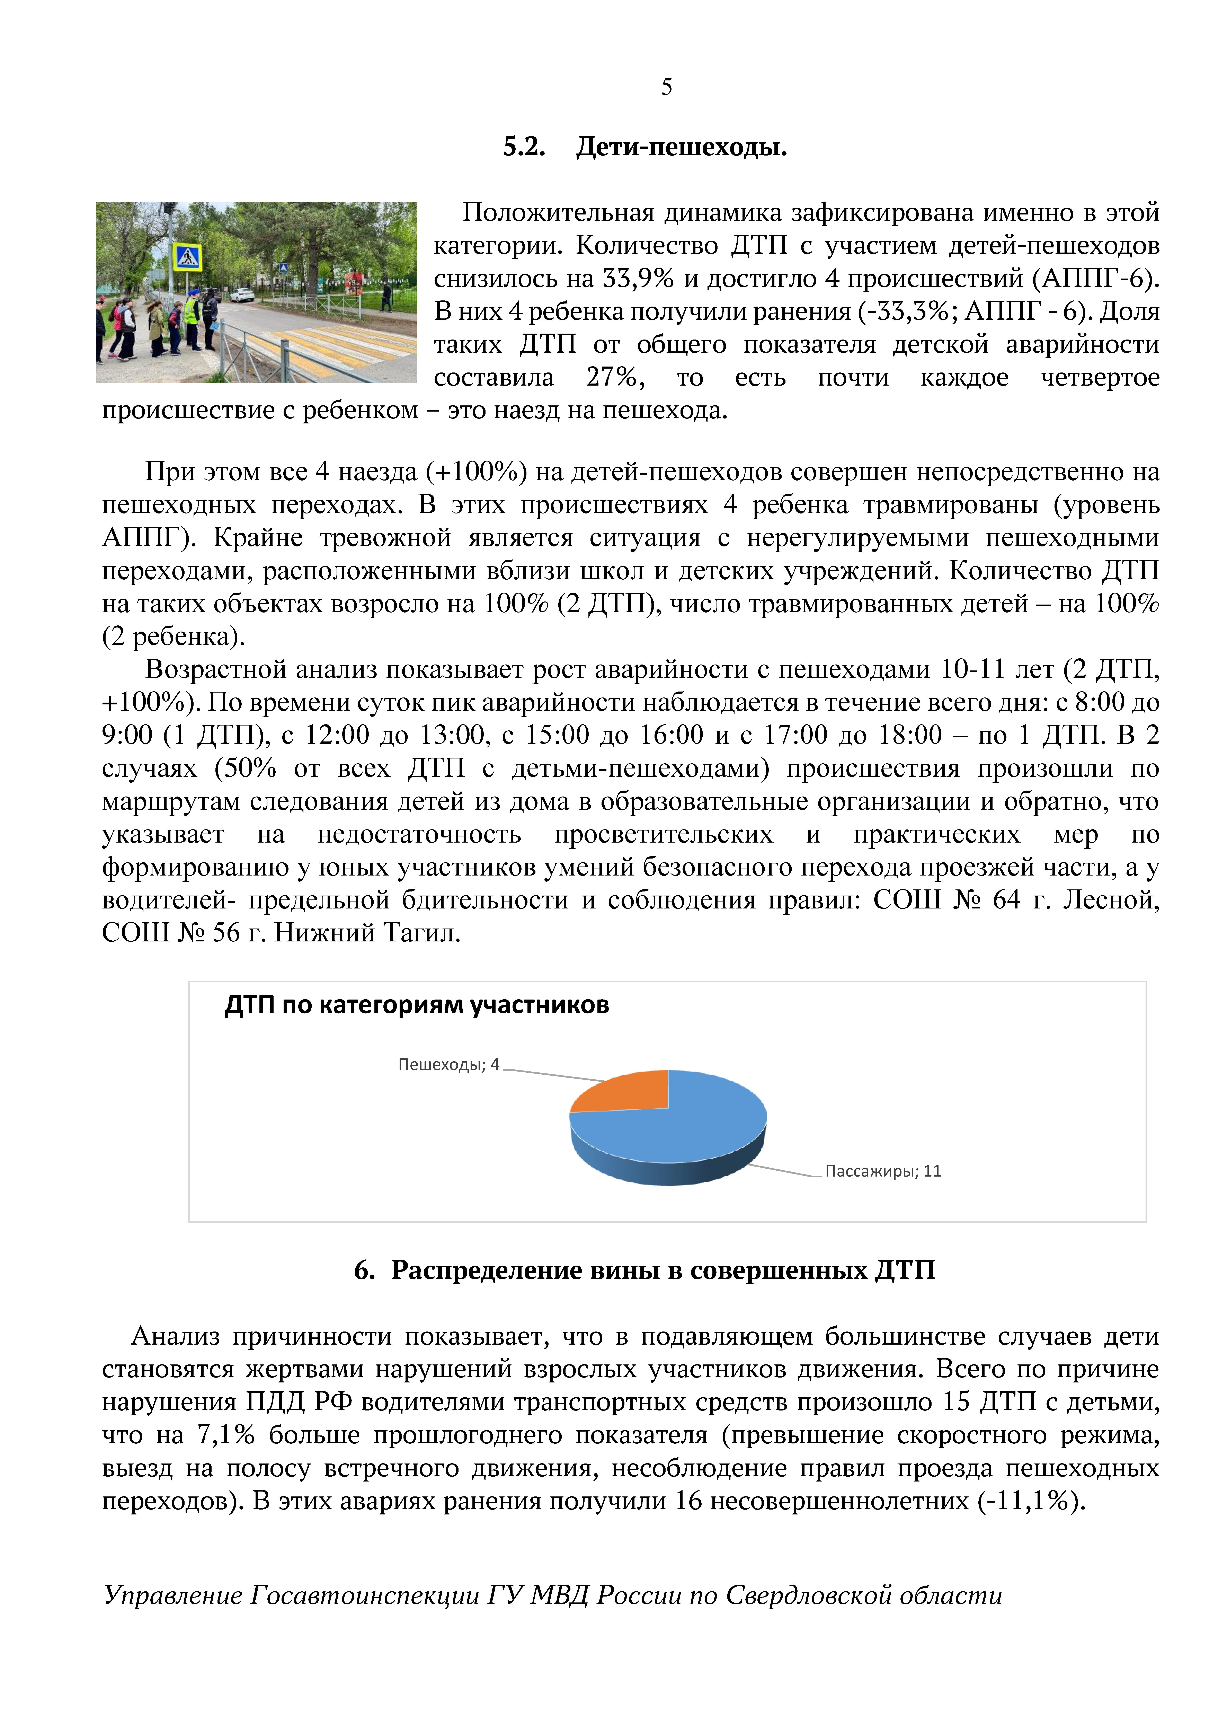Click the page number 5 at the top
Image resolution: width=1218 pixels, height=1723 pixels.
click(666, 88)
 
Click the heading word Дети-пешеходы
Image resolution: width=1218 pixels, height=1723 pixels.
click(681, 147)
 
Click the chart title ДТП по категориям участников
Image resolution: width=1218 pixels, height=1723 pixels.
click(417, 1005)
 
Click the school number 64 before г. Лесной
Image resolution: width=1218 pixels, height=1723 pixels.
click(1006, 900)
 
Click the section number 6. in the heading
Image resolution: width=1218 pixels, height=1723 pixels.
click(364, 1270)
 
